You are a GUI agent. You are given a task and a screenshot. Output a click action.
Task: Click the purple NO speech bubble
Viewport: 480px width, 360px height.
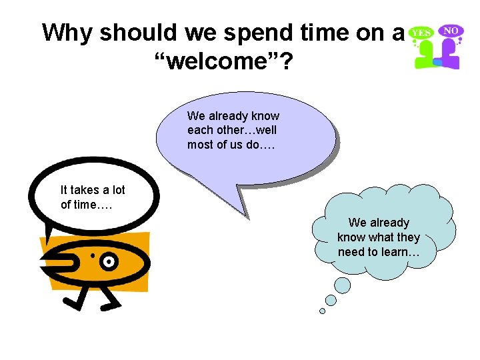coord(451,31)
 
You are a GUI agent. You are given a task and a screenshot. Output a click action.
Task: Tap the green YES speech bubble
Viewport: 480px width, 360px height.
coord(421,32)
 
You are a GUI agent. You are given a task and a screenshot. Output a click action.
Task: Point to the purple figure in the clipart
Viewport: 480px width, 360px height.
coord(450,56)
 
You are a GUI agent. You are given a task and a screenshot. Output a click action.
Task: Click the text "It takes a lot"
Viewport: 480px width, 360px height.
coord(93,191)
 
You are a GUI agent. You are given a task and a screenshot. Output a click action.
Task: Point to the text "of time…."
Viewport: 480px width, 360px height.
coord(87,205)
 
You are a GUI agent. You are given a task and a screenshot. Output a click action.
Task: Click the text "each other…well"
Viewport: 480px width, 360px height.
coord(232,130)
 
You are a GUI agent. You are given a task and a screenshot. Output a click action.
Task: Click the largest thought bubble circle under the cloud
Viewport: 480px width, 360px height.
coord(342,285)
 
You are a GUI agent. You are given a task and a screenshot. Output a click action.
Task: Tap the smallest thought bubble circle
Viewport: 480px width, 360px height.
coord(323,311)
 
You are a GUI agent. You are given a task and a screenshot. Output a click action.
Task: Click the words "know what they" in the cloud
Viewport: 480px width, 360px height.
coord(379,237)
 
